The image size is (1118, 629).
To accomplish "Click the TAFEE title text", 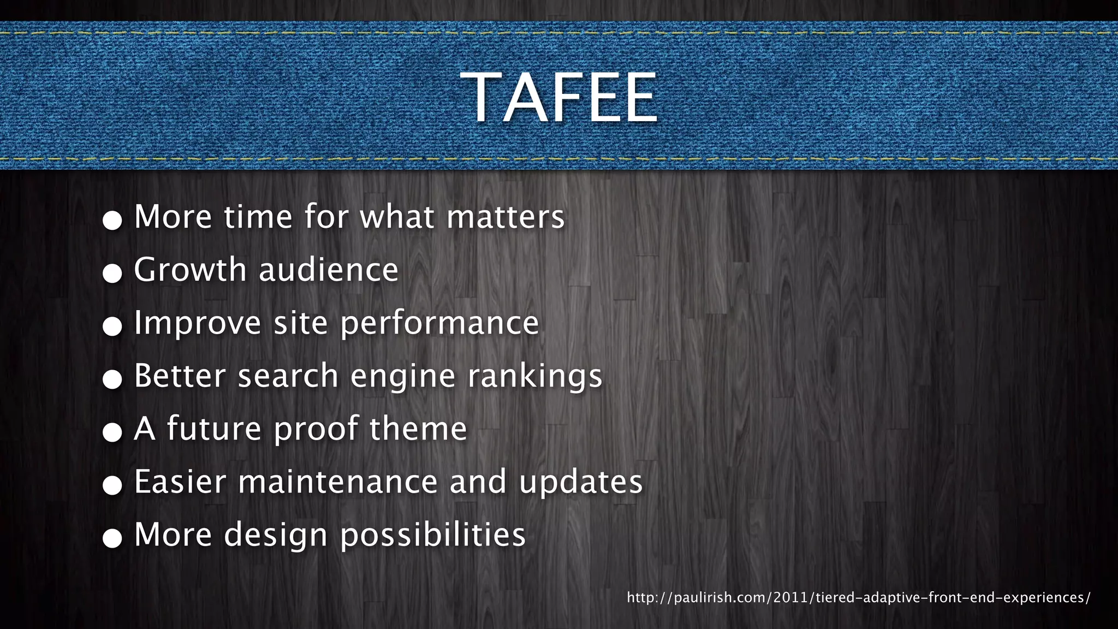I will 559,98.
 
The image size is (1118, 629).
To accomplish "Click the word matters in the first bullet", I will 506,217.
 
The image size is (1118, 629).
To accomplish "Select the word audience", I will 329,270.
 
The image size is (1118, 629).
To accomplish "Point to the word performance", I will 439,323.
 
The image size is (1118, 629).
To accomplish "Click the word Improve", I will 198,323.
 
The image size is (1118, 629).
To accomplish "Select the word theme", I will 418,429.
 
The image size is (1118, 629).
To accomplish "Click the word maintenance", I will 337,482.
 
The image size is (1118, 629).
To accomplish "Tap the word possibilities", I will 433,535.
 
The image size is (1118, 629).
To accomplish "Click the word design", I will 276,535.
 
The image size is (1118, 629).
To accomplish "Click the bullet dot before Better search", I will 112,379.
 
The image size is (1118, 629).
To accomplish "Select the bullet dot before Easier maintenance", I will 112,485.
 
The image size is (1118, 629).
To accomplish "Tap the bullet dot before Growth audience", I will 112,273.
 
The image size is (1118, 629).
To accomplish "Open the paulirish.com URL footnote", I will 858,597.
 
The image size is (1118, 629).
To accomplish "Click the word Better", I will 180,376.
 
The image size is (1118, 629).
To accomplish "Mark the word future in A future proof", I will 214,429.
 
